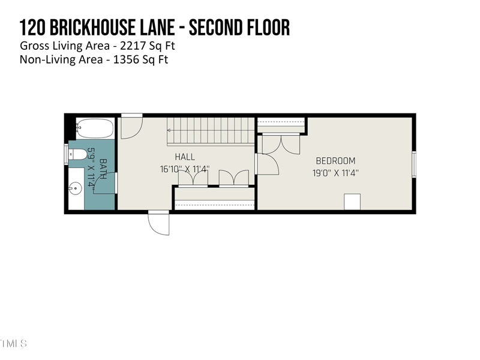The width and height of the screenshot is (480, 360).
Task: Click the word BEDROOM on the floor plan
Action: tap(335, 161)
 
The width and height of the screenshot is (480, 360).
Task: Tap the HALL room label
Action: tap(185, 157)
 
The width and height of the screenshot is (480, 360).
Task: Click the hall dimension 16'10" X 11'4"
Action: tap(185, 169)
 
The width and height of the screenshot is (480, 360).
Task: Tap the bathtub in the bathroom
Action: tap(95, 128)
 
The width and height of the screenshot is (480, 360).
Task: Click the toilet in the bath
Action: tap(77, 154)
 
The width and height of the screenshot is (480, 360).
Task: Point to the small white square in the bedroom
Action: tap(352, 202)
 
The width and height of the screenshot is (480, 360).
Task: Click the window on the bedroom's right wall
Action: tap(413, 164)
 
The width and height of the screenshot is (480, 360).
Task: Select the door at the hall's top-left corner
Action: tap(131, 127)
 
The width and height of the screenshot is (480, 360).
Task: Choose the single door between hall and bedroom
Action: tap(267, 164)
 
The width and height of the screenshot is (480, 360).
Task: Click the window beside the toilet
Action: tap(67, 154)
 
